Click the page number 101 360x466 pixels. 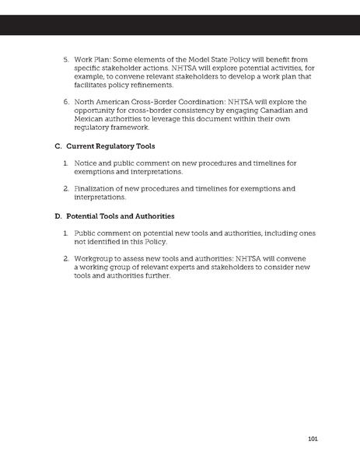click(313, 439)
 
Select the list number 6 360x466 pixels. click(65, 101)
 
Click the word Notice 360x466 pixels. click(87, 163)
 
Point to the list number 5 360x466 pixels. click(65, 59)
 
